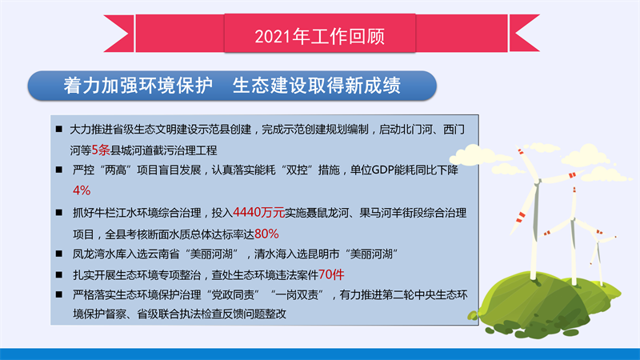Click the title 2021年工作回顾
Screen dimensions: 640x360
[x=319, y=36]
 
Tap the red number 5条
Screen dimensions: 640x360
[x=101, y=150]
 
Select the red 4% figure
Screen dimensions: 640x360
[x=82, y=190]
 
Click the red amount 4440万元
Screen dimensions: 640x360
[x=258, y=212]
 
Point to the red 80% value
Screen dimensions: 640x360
[x=266, y=234]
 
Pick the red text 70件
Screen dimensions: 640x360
[x=331, y=274]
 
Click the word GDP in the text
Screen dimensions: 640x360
[x=383, y=170]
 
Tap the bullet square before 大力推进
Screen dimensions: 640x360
[x=59, y=130]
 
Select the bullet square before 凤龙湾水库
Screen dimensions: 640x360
[x=59, y=254]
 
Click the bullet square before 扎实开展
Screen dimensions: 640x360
[x=59, y=274]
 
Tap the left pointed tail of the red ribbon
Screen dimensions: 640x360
[x=118, y=34]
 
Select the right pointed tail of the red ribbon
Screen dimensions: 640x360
[x=525, y=34]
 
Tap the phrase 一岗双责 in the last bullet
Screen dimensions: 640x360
[x=297, y=294]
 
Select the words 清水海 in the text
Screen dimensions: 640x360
[x=270, y=254]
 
